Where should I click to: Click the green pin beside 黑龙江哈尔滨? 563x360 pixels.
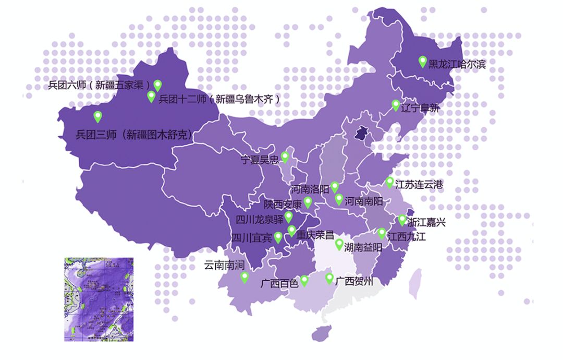[423, 61]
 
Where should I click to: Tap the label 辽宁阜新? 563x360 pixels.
[421, 109]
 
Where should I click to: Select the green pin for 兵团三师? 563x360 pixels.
[97, 116]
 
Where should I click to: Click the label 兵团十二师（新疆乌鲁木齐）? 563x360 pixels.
[219, 99]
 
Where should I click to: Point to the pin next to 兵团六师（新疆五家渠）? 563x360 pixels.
[157, 85]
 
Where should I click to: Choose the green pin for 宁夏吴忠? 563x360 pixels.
[285, 156]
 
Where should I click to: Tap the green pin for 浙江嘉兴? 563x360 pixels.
[402, 219]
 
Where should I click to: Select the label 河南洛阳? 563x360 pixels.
[310, 189]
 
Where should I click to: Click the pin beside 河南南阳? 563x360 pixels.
[339, 198]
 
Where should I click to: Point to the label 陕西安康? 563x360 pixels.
[283, 204]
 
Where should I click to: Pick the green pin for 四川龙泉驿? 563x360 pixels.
[289, 217]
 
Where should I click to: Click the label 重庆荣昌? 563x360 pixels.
[315, 235]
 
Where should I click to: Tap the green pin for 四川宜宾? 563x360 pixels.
[278, 237]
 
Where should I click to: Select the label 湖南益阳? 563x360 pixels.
[363, 248]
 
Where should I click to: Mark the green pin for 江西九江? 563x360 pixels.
[382, 233]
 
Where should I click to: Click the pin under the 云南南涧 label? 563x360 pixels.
[244, 277]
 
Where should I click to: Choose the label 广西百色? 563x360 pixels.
[279, 283]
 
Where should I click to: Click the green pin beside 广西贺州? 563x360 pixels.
[329, 278]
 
